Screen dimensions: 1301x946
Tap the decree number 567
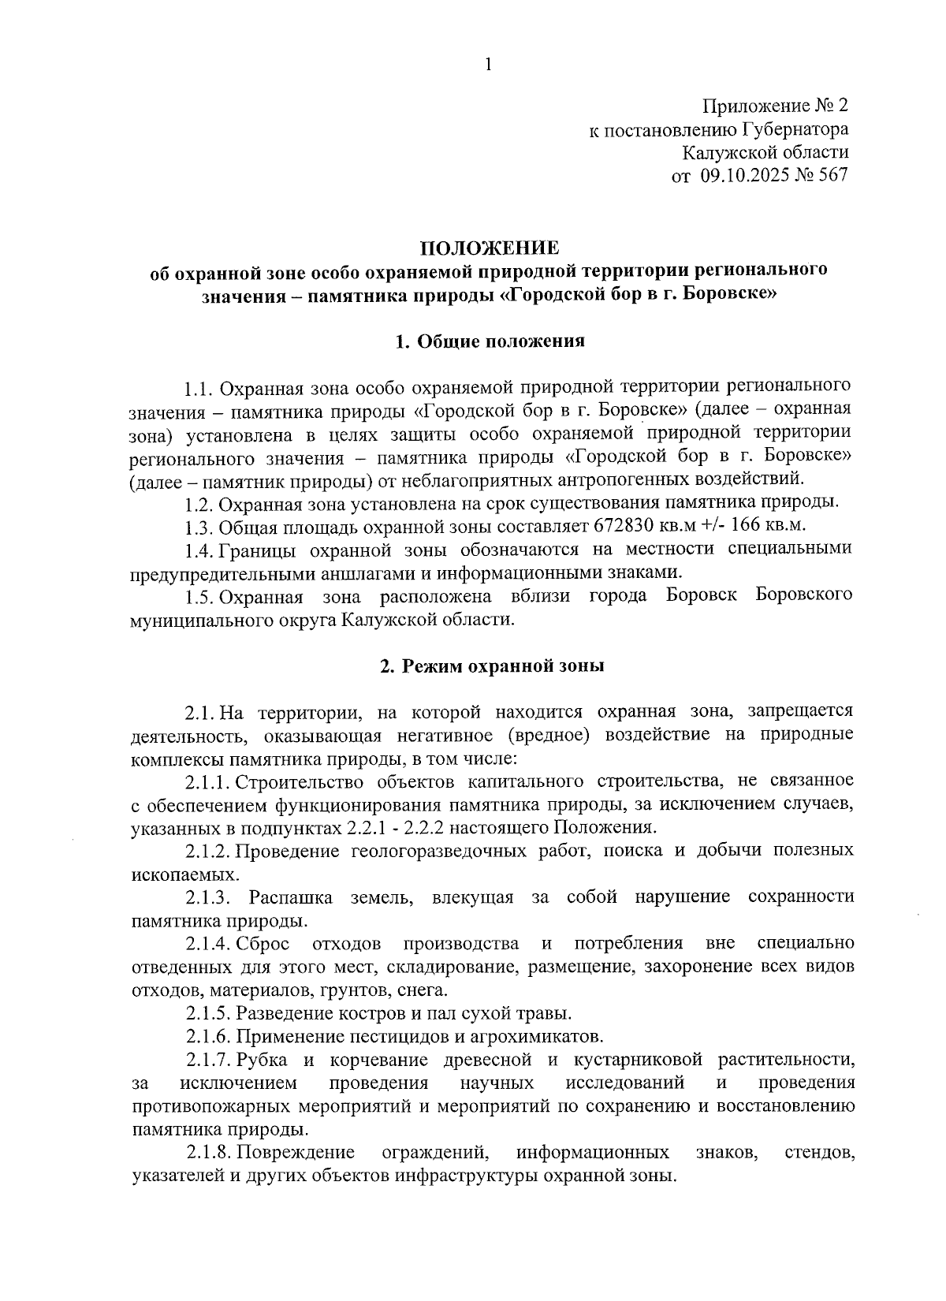tap(833, 175)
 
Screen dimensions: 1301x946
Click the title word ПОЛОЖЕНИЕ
tap(489, 248)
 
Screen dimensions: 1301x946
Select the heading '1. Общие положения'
tap(489, 341)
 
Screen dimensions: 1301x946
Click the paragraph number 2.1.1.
tap(208, 781)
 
